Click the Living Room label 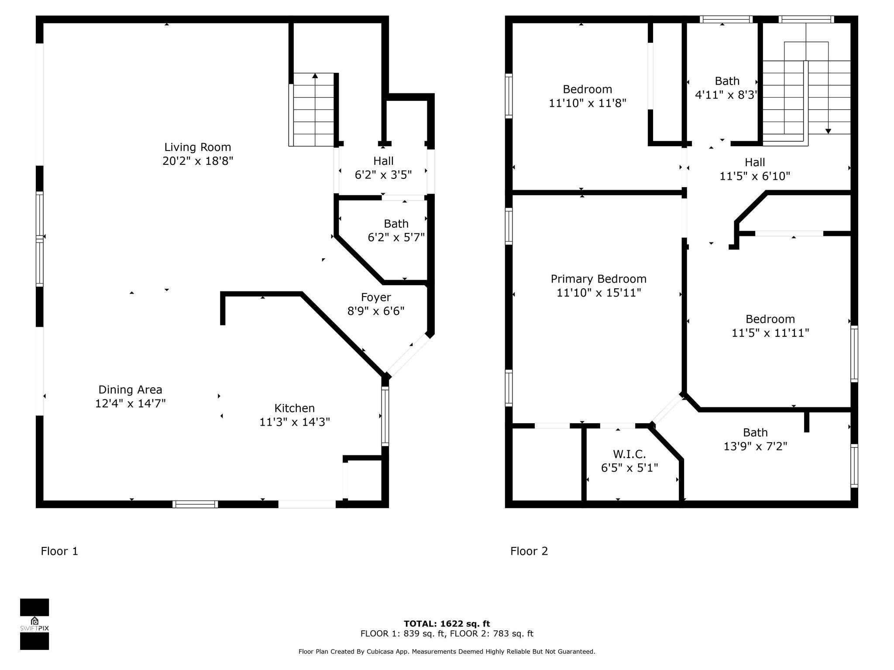[x=197, y=147]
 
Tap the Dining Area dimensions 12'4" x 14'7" [x=131, y=403]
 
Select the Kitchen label [x=295, y=408]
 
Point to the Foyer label [x=376, y=297]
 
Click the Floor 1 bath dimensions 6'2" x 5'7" [x=396, y=237]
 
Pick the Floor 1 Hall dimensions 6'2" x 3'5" [x=383, y=175]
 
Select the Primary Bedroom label [x=598, y=279]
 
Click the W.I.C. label [x=629, y=454]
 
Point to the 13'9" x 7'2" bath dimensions [x=755, y=446]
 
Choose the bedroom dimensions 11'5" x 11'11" [x=770, y=333]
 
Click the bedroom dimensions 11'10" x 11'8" [x=588, y=103]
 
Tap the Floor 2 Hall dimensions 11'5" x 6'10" [x=755, y=176]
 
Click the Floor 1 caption [x=59, y=551]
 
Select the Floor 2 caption [x=529, y=551]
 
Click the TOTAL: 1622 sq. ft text [x=447, y=624]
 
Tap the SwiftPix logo [x=34, y=624]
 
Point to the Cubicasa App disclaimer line [x=447, y=652]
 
